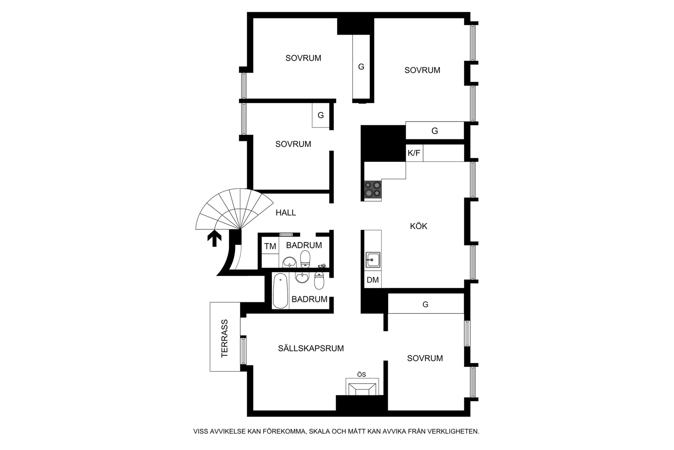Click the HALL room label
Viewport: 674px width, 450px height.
286,213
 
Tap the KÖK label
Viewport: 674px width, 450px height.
419,226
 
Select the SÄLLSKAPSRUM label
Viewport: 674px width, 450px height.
311,348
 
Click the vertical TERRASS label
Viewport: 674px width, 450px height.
224,338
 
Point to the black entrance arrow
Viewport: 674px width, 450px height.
214,239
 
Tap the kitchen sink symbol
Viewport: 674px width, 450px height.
373,260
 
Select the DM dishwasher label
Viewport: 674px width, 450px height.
373,280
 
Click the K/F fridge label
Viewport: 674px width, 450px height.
414,153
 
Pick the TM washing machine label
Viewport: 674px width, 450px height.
270,246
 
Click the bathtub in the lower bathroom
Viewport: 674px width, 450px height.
280,290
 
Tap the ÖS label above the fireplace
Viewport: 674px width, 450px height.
361,375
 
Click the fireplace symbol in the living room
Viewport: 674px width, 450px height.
362,387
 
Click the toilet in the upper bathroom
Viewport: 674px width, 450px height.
305,259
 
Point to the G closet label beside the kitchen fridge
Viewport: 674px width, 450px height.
435,131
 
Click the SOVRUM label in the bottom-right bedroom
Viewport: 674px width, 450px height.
425,358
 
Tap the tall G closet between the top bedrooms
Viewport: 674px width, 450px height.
361,67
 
